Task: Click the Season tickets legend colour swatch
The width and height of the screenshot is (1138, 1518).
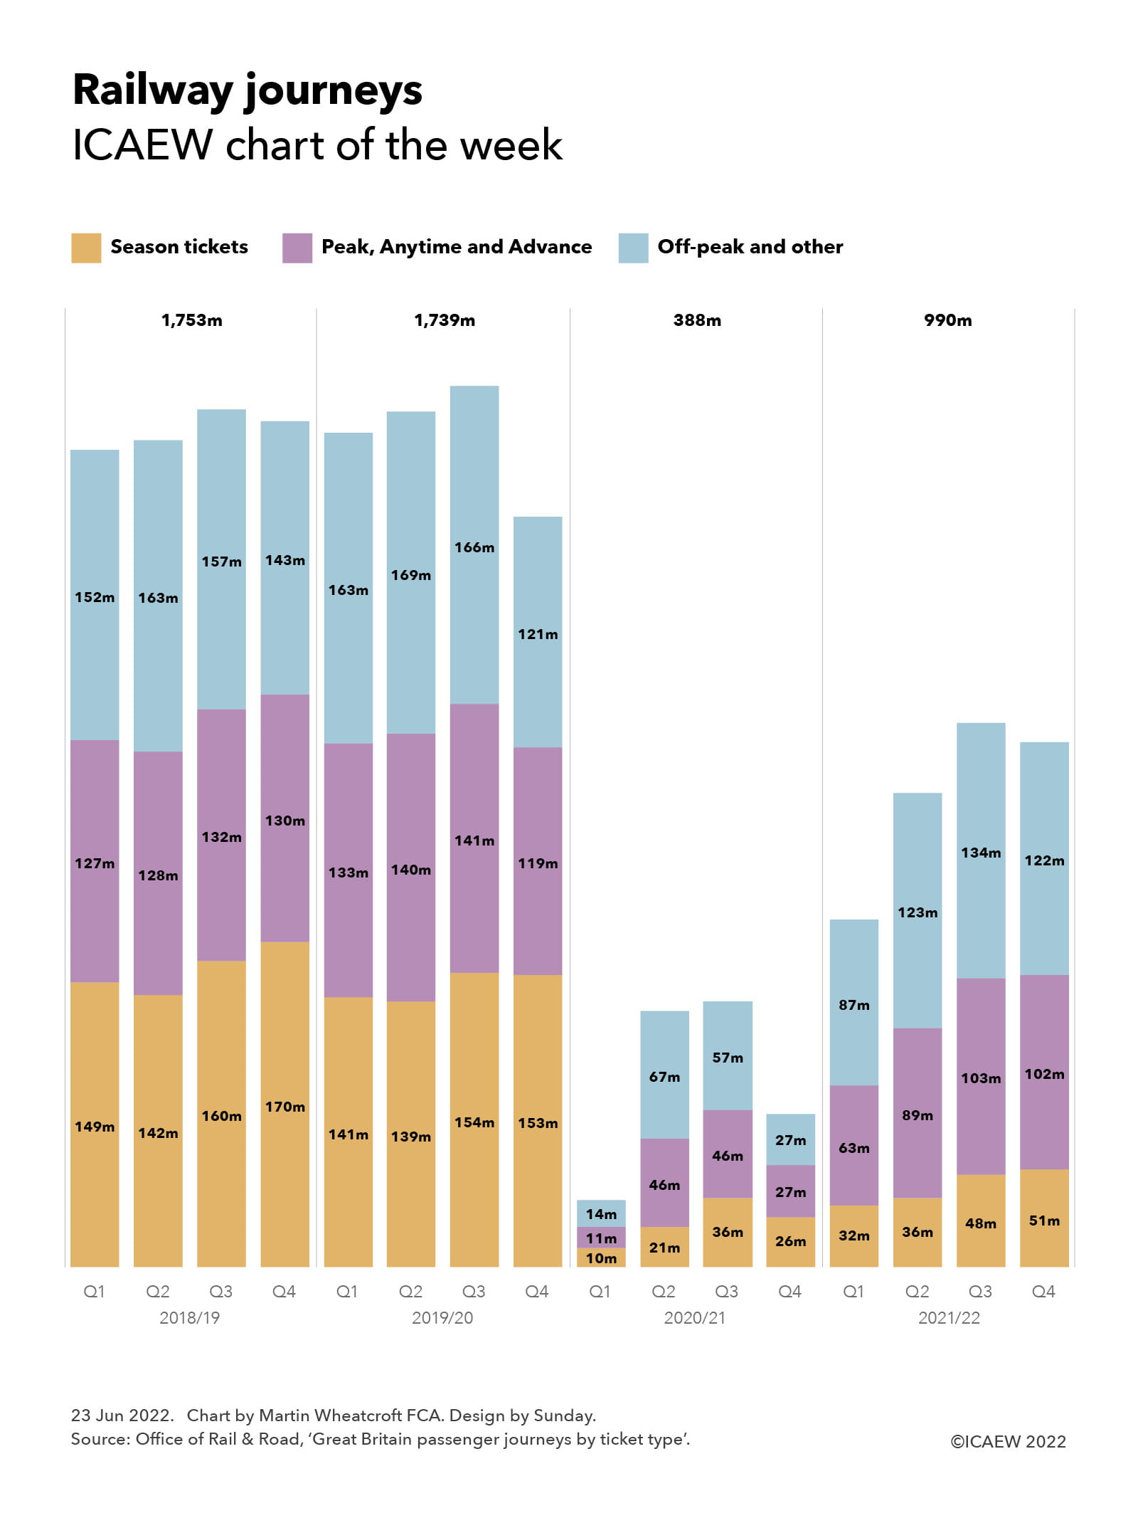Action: (x=86, y=248)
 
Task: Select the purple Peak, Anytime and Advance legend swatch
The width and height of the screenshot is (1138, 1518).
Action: (x=297, y=248)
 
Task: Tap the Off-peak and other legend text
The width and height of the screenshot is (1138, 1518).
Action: (x=750, y=247)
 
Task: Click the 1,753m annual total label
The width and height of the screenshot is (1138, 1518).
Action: (x=191, y=320)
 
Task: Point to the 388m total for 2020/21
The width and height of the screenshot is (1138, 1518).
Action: (x=697, y=320)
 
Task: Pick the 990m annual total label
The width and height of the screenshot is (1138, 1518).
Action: (x=947, y=320)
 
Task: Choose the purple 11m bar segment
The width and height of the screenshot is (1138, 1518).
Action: (x=601, y=1238)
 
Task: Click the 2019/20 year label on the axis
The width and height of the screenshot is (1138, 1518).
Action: (x=442, y=1318)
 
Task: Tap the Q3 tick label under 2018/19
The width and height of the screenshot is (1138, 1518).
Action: (x=220, y=1292)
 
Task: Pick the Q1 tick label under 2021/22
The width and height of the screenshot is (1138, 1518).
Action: (x=854, y=1292)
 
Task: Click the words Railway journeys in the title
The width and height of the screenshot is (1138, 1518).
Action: (x=248, y=91)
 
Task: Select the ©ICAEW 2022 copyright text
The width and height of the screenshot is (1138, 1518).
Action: (x=1008, y=1442)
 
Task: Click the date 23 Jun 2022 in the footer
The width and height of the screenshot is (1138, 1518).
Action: (x=122, y=1416)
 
